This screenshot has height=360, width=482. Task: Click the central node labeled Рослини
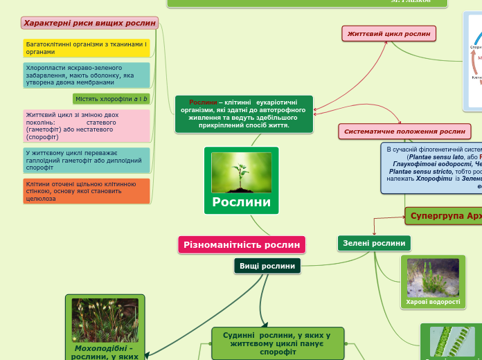tap(241, 202)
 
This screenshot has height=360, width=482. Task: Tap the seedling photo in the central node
tap(241, 172)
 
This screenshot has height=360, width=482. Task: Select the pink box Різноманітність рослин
tap(242, 244)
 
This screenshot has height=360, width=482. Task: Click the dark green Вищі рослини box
tap(267, 266)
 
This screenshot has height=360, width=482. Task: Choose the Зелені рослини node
tap(374, 243)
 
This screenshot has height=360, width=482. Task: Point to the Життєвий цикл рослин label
tap(388, 33)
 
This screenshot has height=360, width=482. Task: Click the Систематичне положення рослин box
tap(404, 131)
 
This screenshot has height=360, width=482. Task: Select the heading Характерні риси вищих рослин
tap(89, 23)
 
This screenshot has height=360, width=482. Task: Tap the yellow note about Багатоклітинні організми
tap(86, 47)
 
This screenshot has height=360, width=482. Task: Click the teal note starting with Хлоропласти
tap(86, 75)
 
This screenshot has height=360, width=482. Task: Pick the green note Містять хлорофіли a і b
tap(111, 99)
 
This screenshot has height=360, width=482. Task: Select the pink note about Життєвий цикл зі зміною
tap(86, 125)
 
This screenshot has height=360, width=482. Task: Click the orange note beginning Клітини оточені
tap(86, 190)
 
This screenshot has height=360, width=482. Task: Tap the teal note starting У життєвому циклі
tap(86, 160)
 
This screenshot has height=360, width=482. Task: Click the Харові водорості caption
tap(433, 302)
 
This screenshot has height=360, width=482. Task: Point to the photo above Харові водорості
tap(433, 278)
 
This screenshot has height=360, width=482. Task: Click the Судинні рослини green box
tap(277, 343)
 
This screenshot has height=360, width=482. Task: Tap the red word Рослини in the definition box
tap(203, 102)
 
